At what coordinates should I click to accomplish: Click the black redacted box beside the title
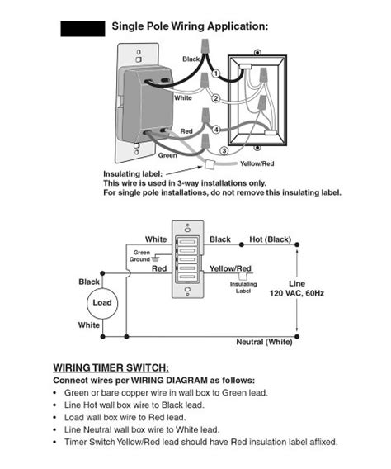(83, 28)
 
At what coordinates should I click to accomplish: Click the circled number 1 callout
(216, 73)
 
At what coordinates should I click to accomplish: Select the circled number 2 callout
(215, 98)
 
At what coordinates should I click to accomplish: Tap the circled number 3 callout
(224, 150)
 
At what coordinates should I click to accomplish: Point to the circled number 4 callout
(216, 130)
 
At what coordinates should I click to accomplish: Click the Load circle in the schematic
(101, 303)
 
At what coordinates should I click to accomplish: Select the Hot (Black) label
(271, 239)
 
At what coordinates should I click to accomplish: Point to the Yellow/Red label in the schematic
(230, 269)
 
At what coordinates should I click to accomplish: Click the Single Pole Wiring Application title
(190, 26)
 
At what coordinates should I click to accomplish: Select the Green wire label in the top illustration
(167, 155)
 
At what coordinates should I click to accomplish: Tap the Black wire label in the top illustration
(191, 59)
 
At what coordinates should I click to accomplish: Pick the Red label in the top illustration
(186, 131)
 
